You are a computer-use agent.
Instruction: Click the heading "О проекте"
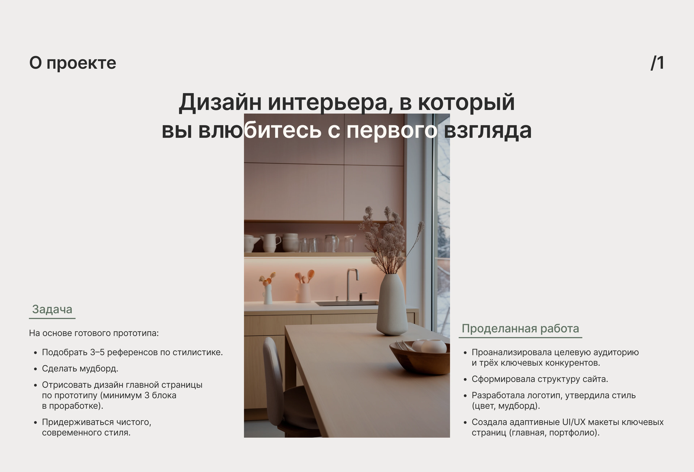coord(73,63)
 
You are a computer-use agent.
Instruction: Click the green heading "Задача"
coord(52,309)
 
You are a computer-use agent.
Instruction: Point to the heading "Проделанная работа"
coord(520,329)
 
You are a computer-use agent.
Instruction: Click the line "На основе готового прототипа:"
coord(94,333)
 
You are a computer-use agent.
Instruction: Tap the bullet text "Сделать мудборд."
coord(80,369)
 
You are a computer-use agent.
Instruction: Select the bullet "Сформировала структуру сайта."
coord(540,379)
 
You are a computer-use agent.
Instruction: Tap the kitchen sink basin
coord(346,303)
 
